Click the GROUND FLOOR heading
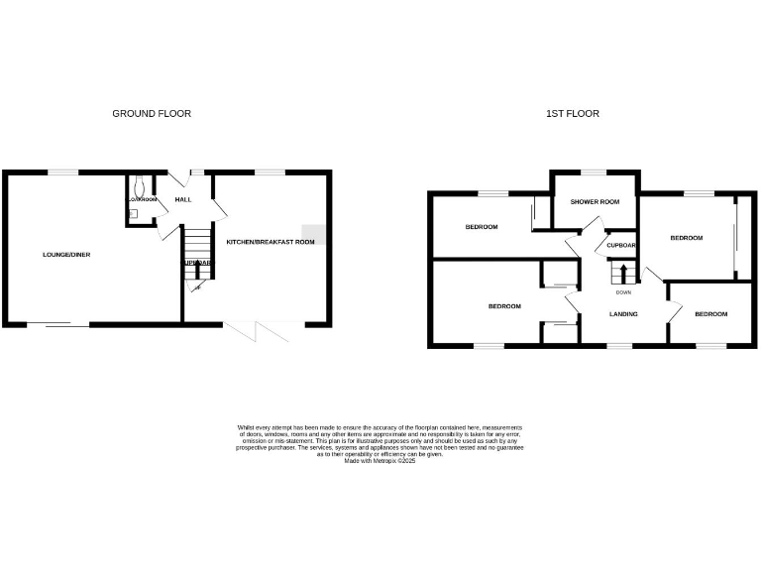[152, 114]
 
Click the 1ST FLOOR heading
[573, 114]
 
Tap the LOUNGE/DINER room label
[66, 255]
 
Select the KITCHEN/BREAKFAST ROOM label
[271, 242]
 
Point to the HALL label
[183, 200]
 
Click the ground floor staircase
[198, 244]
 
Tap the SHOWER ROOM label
[595, 202]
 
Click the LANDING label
[623, 314]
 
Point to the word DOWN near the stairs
[623, 292]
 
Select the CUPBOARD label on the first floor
[620, 245]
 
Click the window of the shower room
[595, 172]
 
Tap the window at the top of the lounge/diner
[64, 172]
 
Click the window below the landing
[619, 346]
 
